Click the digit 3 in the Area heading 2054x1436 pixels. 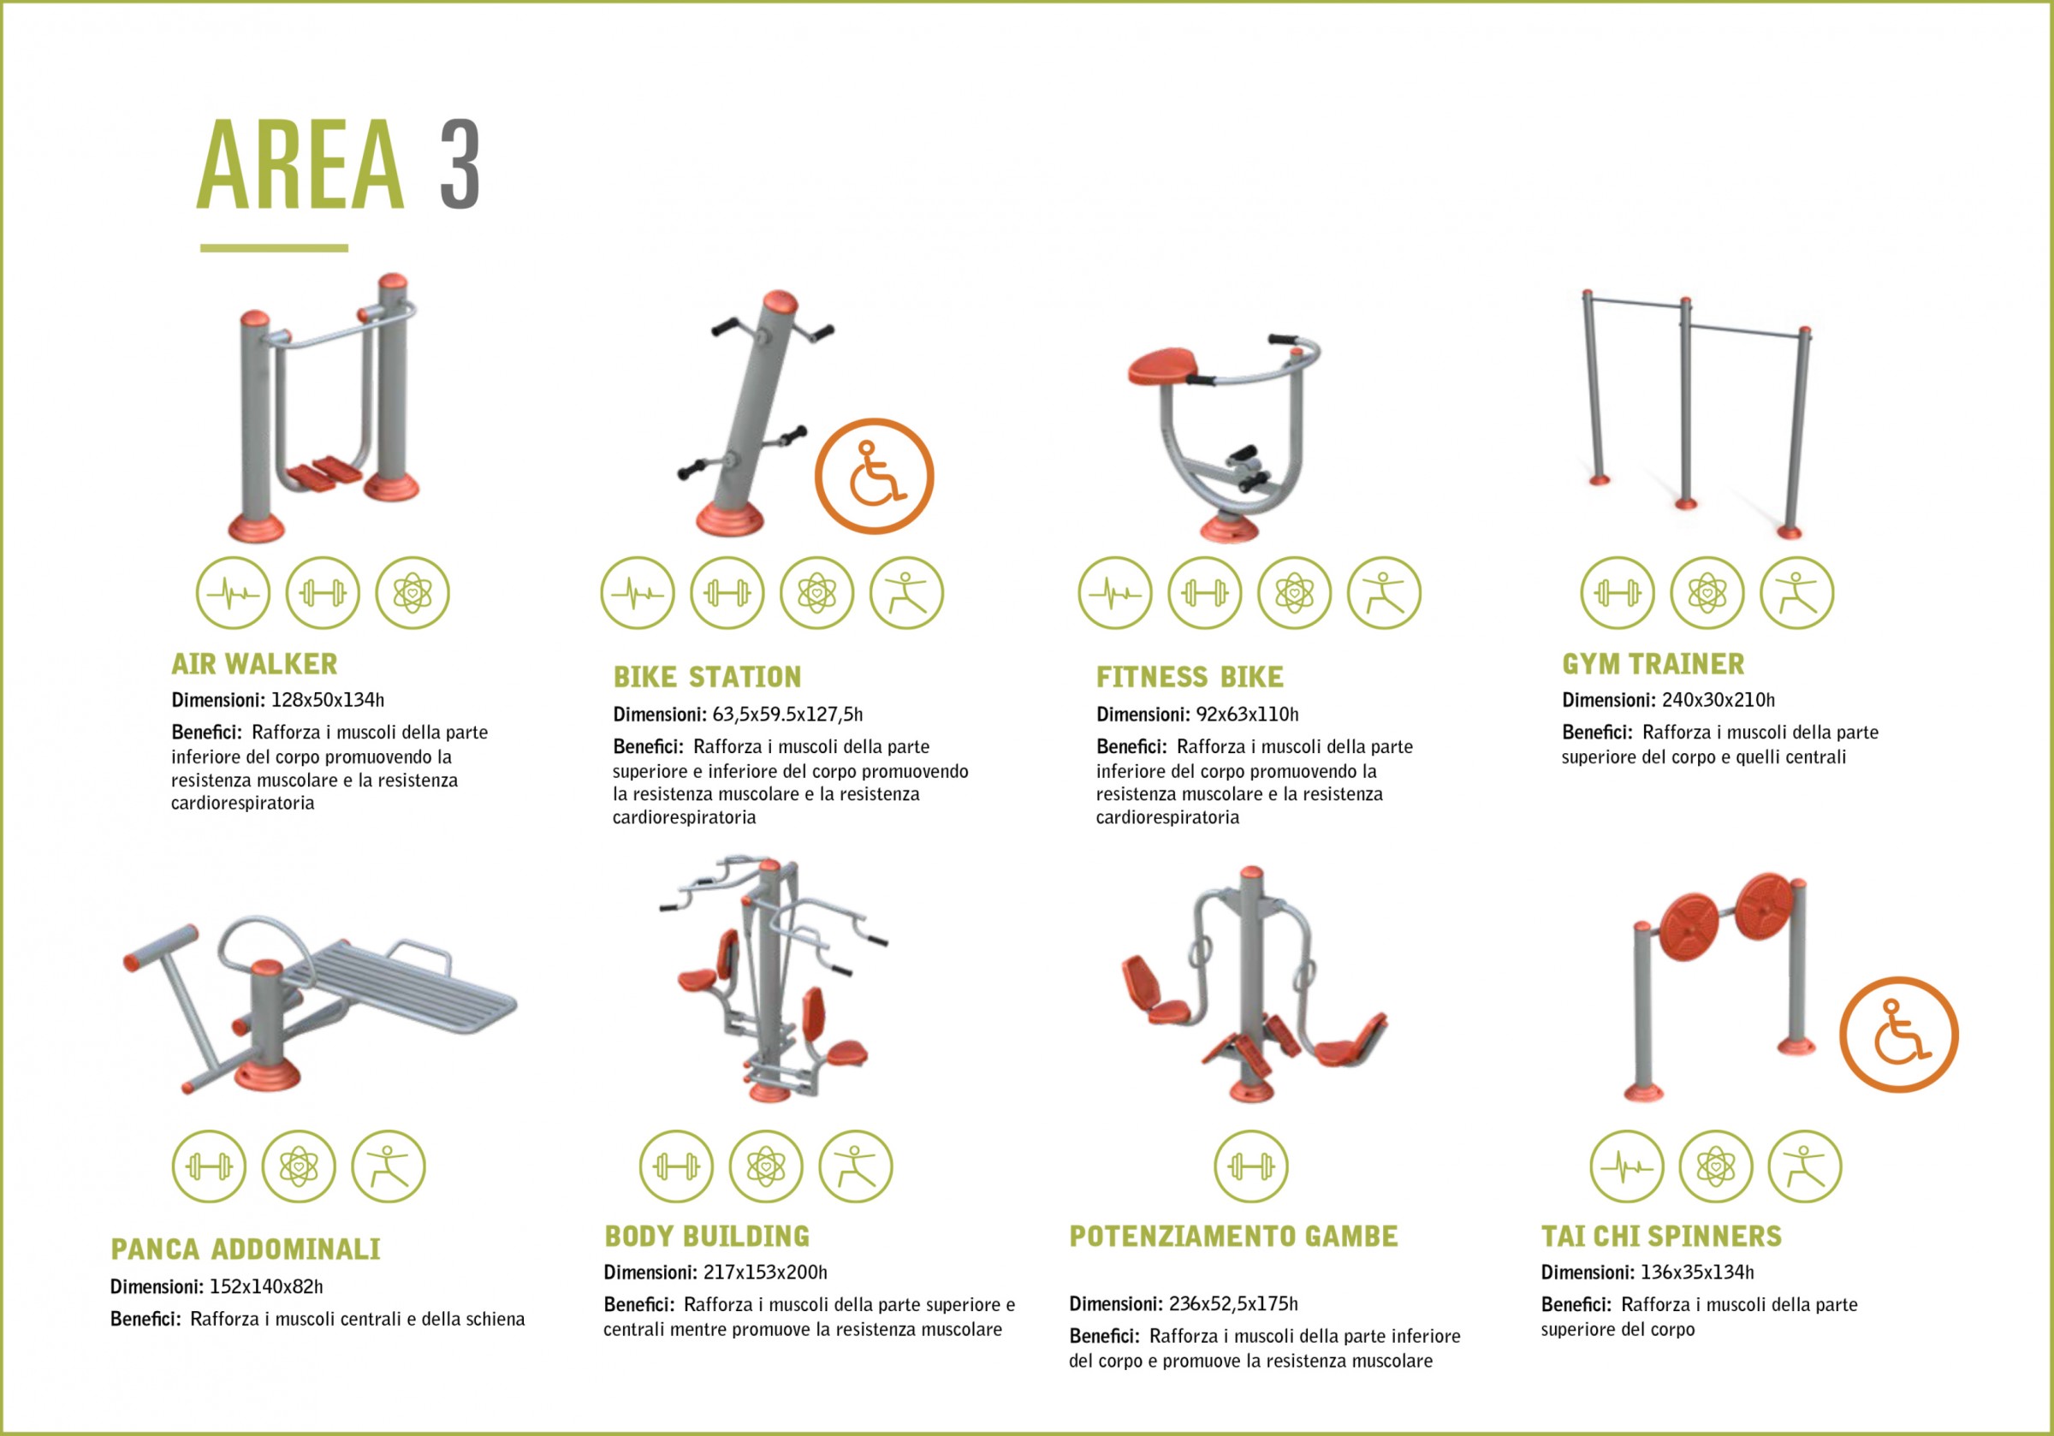coord(460,164)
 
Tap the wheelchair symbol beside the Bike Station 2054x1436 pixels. coord(874,476)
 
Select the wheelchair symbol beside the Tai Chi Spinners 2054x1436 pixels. coord(1899,1035)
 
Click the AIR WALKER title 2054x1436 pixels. coord(255,664)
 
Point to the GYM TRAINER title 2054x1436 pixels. coord(1653,664)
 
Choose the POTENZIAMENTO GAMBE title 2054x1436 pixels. coord(1233,1237)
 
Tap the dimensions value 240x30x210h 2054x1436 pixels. coord(1719,701)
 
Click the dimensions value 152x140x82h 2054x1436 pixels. coord(265,1287)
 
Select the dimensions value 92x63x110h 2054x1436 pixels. coord(1247,715)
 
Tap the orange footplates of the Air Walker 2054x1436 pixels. coord(324,472)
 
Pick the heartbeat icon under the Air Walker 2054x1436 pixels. coord(234,593)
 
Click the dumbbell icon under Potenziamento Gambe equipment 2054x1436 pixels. coord(1250,1166)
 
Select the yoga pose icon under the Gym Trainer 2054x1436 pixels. coord(1796,593)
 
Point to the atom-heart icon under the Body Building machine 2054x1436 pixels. coord(766,1166)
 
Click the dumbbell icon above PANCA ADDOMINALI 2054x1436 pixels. coord(209,1166)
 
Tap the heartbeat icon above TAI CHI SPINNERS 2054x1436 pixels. coord(1626,1166)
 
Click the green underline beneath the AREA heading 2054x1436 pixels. coord(274,248)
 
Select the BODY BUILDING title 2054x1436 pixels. coord(707,1237)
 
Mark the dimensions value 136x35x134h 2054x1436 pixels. coord(1697,1273)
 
